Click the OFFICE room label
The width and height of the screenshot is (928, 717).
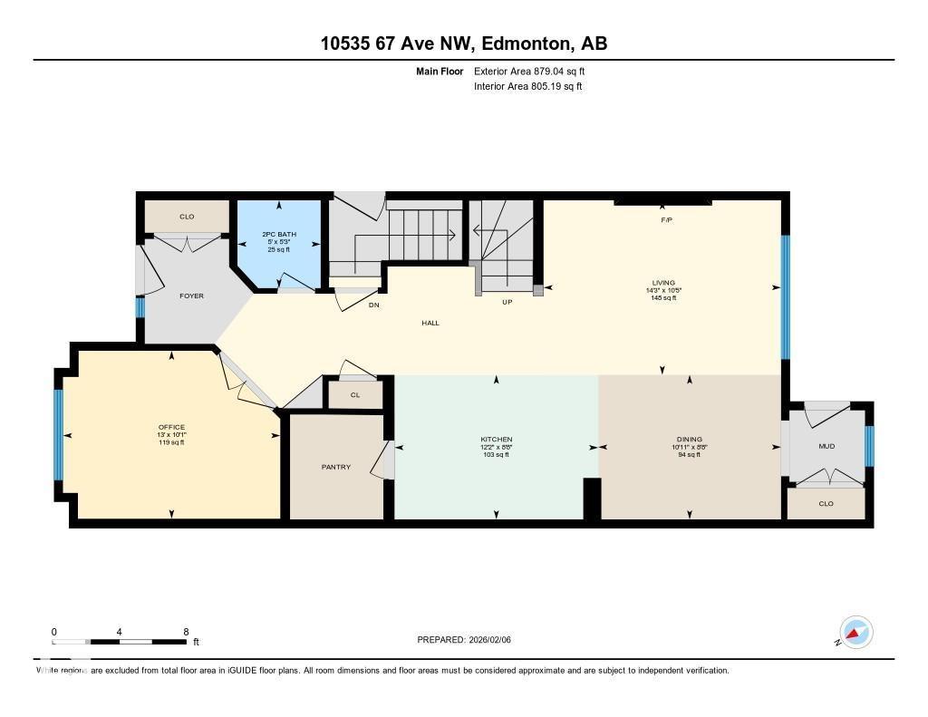(171, 427)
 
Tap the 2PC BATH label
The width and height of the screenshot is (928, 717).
(279, 234)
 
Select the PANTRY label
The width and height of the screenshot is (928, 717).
(335, 467)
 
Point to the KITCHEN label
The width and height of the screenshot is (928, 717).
(497, 440)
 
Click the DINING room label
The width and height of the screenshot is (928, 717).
(689, 440)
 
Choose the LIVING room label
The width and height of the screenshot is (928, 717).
(662, 283)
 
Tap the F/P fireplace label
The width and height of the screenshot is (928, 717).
(665, 219)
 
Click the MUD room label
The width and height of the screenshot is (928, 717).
(826, 446)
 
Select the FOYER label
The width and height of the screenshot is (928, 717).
(191, 296)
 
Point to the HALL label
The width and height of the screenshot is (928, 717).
(430, 323)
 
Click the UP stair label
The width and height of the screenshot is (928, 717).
(507, 302)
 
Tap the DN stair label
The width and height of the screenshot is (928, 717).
(373, 305)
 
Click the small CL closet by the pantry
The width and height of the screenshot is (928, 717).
(355, 395)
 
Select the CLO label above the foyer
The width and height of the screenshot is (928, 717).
(187, 217)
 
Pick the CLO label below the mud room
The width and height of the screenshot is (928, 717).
(826, 504)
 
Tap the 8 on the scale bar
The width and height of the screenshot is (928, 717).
(186, 632)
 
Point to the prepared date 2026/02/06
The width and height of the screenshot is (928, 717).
(495, 640)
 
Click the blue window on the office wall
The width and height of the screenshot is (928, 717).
(59, 435)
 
